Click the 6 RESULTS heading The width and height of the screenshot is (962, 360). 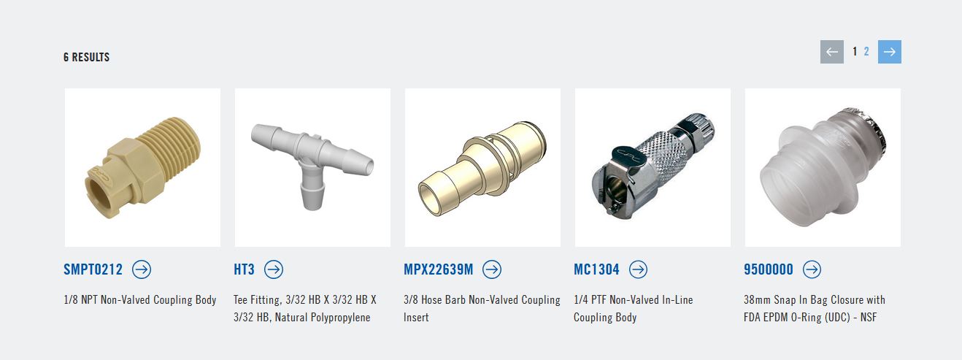86,57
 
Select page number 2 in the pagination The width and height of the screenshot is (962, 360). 866,52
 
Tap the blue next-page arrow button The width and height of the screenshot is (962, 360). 890,52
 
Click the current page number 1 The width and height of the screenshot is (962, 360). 855,52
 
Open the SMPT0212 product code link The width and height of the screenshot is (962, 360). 93,269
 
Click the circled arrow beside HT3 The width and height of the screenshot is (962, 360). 274,269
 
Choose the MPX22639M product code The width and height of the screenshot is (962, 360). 438,269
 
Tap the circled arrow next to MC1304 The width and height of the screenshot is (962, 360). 638,269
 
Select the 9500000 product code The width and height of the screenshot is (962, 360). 769,269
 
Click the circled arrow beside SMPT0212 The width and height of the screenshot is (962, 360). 142,269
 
